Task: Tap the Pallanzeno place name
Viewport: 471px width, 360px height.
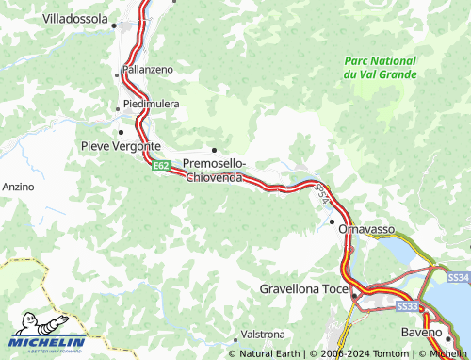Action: point(147,71)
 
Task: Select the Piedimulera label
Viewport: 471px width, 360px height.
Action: point(151,104)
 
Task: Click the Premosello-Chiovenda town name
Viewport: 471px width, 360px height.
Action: point(215,171)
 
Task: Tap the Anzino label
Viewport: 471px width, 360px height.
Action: point(18,188)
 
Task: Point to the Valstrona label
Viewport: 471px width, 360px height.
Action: point(263,335)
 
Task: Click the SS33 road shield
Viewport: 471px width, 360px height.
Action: point(407,306)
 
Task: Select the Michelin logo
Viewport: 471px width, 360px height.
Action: point(47,335)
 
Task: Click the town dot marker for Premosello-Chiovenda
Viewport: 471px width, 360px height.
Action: point(215,150)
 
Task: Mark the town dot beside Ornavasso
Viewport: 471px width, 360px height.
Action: point(332,221)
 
